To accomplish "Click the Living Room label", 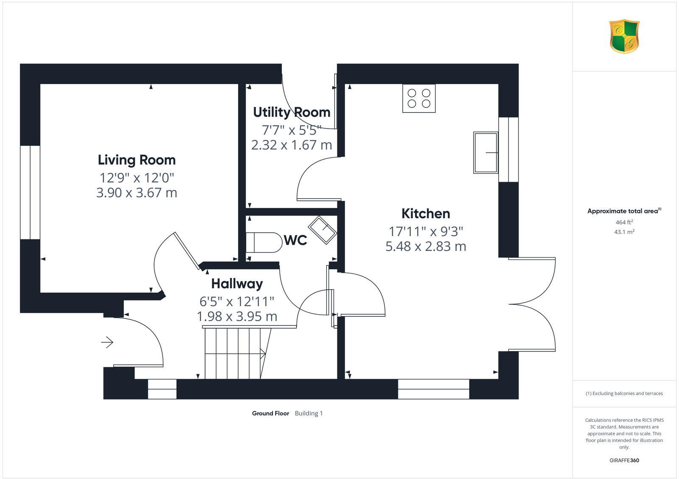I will pyautogui.click(x=137, y=160).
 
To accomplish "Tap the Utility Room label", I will pyautogui.click(x=292, y=112).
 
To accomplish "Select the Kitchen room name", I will pyautogui.click(x=426, y=213).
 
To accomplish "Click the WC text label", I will pyautogui.click(x=295, y=240).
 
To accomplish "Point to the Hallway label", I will pyautogui.click(x=237, y=283).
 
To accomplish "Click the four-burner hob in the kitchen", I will pyautogui.click(x=419, y=99).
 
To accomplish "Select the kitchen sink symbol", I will pyautogui.click(x=485, y=152).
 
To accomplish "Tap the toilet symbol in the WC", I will pyautogui.click(x=264, y=242).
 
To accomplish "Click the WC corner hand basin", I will pyautogui.click(x=323, y=230).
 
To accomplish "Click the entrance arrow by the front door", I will pyautogui.click(x=107, y=342).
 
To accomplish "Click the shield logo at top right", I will pyautogui.click(x=624, y=37).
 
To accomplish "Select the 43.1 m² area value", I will pyautogui.click(x=624, y=232).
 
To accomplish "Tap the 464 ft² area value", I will pyautogui.click(x=624, y=222).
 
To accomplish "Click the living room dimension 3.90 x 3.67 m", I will pyautogui.click(x=137, y=193).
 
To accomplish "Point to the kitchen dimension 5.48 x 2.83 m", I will pyautogui.click(x=426, y=246).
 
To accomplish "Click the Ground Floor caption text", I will pyautogui.click(x=270, y=413).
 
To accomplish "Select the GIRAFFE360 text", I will pyautogui.click(x=624, y=460).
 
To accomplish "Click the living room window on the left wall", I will pyautogui.click(x=30, y=193).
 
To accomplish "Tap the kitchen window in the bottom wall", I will pyautogui.click(x=433, y=389).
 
